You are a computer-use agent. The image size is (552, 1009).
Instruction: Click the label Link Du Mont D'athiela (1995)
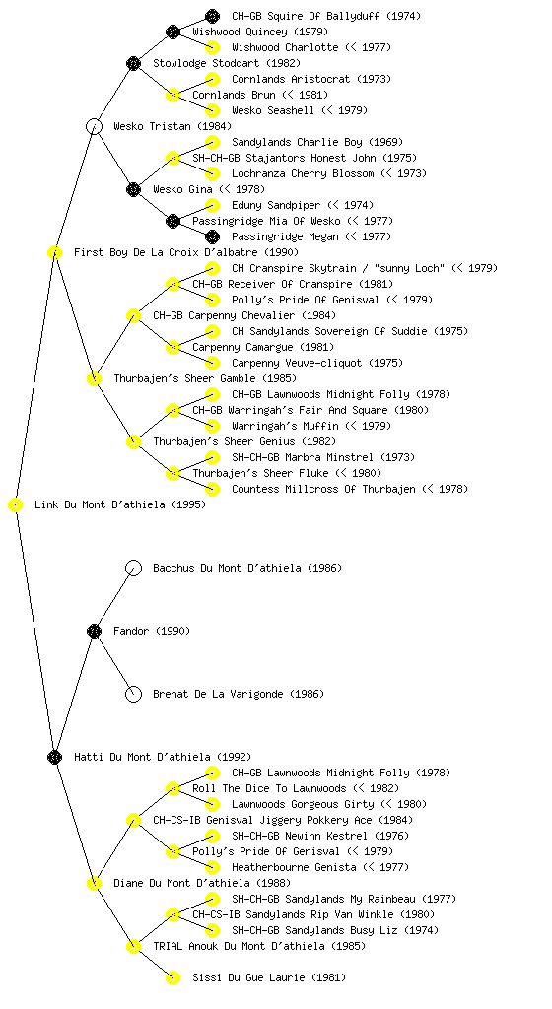pos(120,505)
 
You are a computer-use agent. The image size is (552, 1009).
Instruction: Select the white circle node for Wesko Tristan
pos(94,126)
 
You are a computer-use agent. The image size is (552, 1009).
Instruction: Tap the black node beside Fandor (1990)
pos(94,631)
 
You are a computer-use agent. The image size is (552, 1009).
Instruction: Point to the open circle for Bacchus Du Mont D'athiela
pos(133,568)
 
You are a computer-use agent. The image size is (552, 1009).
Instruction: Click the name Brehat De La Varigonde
pos(218,694)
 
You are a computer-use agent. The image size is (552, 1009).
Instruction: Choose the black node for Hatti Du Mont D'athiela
pos(54,757)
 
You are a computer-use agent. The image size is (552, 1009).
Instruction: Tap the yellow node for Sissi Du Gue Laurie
pos(172,977)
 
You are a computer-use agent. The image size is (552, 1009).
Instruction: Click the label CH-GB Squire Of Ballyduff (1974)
pos(326,16)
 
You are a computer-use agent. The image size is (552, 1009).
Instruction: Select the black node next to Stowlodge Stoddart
pos(133,63)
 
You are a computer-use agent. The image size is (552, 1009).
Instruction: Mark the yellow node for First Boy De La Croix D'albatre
pos(54,252)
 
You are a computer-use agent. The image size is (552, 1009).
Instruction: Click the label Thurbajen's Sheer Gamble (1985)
pos(205,378)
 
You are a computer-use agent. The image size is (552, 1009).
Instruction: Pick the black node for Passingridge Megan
pos(212,236)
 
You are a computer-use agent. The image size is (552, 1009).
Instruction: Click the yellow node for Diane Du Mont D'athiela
pos(94,883)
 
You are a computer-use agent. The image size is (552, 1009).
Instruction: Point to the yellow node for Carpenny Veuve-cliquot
pos(212,363)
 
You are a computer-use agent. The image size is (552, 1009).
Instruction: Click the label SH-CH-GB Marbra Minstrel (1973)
pos(323,457)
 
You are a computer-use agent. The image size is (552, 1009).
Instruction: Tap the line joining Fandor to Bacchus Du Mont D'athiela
pos(113,599)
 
